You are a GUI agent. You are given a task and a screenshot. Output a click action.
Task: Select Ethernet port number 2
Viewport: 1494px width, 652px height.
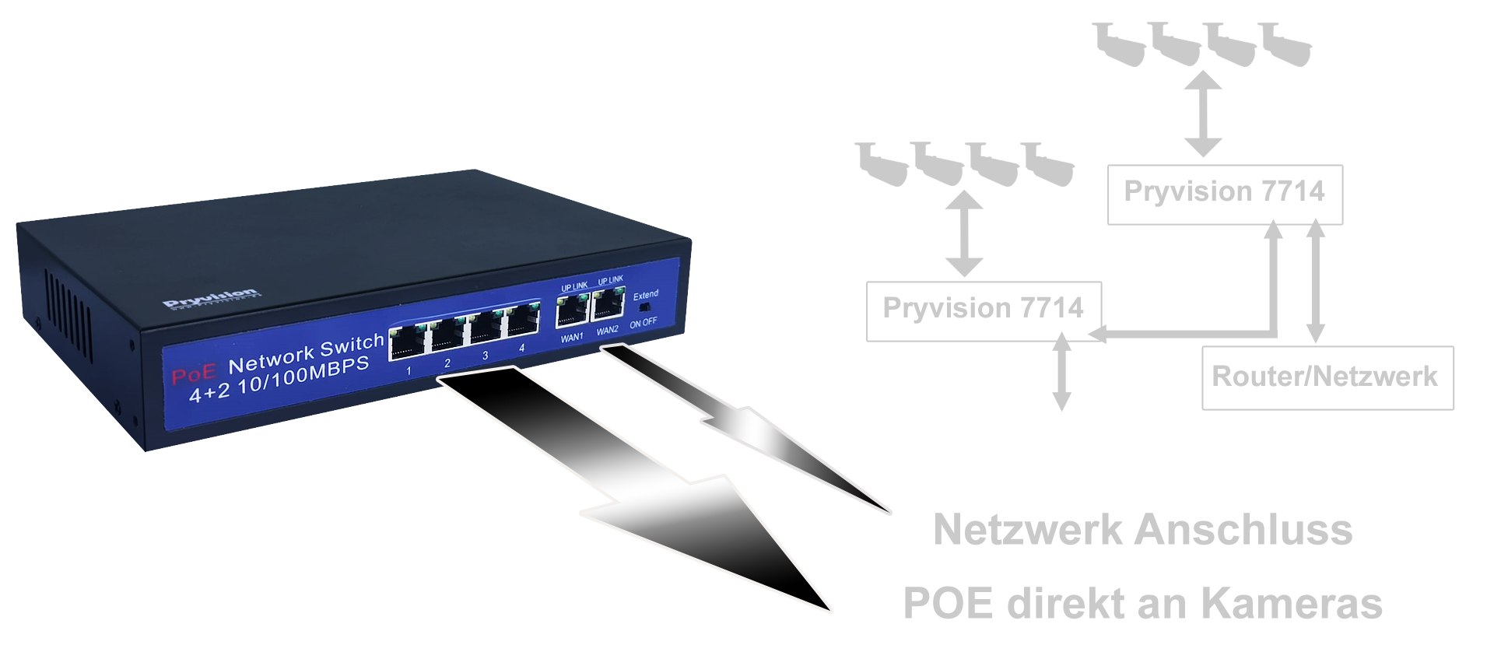(445, 338)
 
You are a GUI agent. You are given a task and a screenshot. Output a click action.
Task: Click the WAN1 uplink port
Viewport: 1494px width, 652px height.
(573, 310)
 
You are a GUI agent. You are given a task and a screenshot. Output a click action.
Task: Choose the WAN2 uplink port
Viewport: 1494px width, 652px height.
(608, 304)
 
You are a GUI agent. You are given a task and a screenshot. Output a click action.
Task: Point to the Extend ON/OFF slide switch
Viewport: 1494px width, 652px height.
(644, 307)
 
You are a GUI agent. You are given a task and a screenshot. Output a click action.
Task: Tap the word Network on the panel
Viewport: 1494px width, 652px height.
(268, 359)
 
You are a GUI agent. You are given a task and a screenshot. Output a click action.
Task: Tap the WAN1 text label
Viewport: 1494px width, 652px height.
(572, 337)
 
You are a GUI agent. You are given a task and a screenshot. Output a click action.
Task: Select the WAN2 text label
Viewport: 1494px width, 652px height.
(608, 331)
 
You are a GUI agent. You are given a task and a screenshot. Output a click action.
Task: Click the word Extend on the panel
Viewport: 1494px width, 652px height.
(645, 295)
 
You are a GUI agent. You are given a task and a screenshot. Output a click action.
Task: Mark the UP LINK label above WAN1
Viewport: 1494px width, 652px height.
(574, 286)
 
